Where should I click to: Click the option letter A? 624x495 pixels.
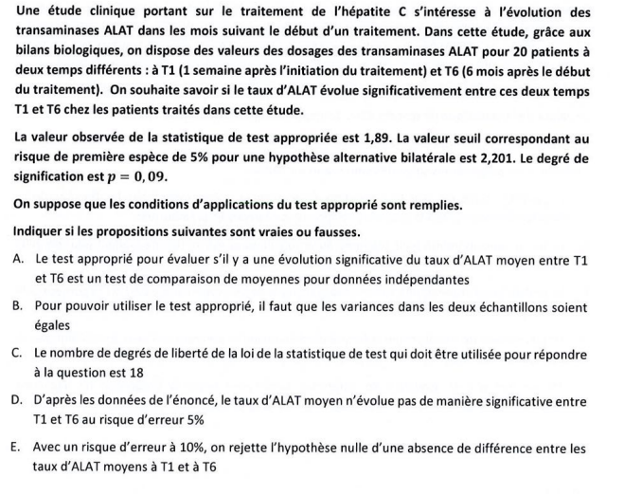[20, 258]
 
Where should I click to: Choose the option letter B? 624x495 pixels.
[20, 306]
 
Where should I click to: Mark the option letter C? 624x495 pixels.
[20, 354]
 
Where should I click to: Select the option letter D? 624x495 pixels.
[20, 402]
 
